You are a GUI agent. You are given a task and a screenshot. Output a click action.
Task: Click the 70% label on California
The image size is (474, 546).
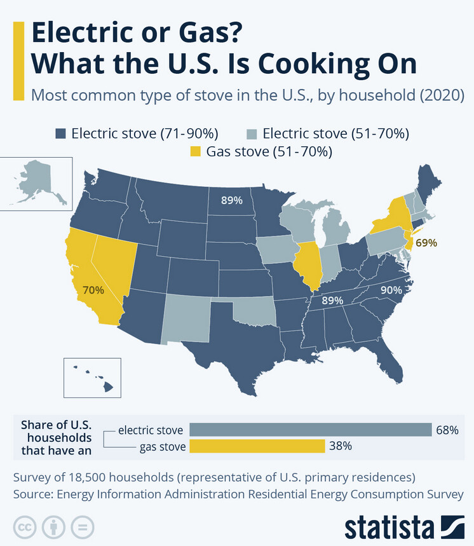93,290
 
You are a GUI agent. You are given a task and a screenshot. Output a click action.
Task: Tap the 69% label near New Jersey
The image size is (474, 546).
427,243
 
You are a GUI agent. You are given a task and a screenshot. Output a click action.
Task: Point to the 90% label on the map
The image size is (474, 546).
391,290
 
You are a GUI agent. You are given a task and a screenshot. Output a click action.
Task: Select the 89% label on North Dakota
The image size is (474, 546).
231,200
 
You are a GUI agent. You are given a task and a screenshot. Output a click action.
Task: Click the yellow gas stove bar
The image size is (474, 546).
257,447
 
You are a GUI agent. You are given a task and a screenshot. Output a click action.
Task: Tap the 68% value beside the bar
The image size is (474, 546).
447,430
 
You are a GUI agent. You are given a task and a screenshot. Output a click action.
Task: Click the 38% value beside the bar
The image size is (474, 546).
341,447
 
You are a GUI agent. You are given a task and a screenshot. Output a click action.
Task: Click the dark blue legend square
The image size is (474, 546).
60,133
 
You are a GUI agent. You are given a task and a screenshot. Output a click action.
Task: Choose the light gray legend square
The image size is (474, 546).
252,133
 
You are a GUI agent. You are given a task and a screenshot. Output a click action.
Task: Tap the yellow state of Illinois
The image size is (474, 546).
308,264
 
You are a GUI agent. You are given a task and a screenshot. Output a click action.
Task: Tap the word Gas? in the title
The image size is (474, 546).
205,32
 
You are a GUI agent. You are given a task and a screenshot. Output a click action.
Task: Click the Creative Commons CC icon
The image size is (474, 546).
25,528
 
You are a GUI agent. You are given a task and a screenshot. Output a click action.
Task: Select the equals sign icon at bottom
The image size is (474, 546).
82,528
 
